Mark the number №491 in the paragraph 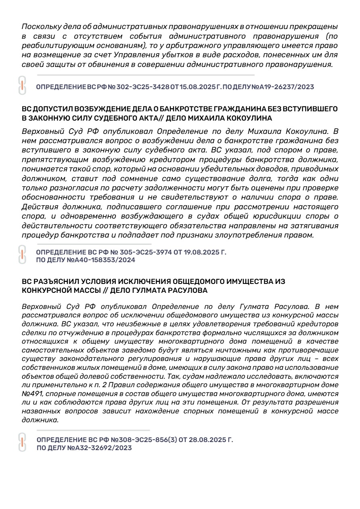point(33,393)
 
